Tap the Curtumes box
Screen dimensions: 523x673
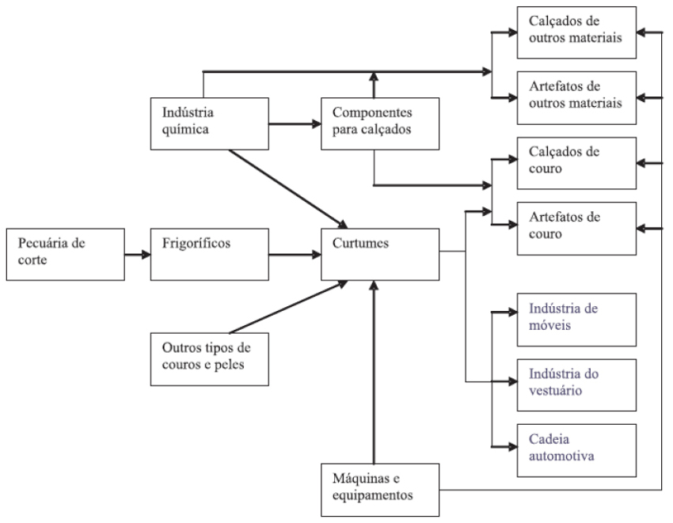(x=380, y=254)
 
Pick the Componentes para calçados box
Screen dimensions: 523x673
(x=379, y=123)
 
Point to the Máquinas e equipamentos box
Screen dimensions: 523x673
(x=380, y=487)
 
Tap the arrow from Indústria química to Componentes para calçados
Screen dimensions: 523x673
(x=294, y=124)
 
